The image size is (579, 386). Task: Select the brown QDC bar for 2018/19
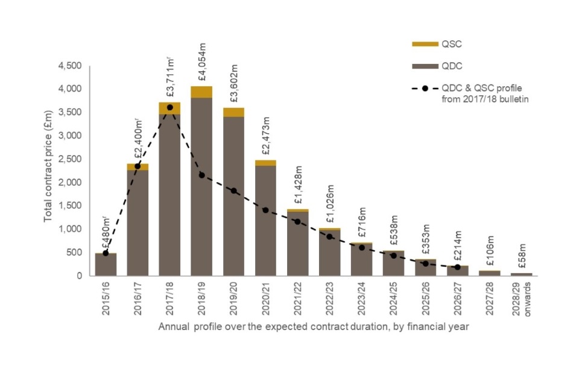tap(202, 187)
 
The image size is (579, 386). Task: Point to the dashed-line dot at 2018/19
tap(202, 175)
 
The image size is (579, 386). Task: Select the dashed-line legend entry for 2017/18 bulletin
tap(470, 93)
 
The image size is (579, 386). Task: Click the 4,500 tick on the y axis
tap(73, 66)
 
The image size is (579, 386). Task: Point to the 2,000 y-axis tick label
tap(73, 182)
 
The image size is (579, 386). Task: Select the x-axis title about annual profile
tap(314, 327)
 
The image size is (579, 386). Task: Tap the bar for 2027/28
tap(490, 273)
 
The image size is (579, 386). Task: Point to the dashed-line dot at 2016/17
tap(138, 166)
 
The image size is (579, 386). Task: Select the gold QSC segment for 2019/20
tap(234, 112)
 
